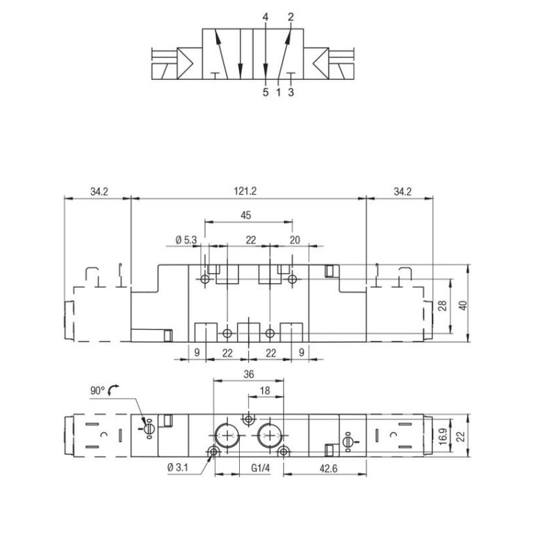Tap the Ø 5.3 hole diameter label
(x=186, y=240)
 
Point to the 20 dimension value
(x=294, y=240)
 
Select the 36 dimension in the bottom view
(x=248, y=374)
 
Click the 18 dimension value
(x=265, y=391)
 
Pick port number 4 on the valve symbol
(x=266, y=16)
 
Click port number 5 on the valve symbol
(x=266, y=91)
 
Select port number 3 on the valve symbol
(x=291, y=91)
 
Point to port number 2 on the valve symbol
(x=291, y=16)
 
